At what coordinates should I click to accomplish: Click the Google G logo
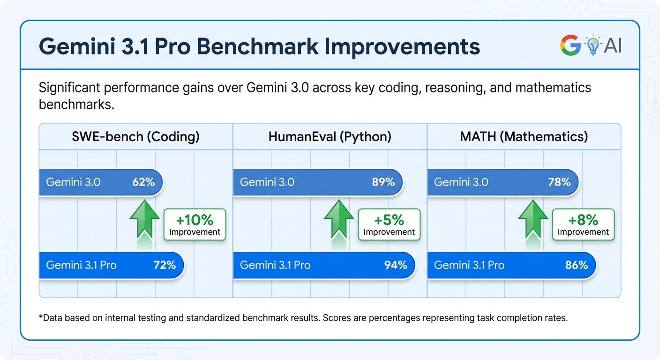tap(570, 45)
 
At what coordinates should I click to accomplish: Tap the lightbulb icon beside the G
tap(592, 45)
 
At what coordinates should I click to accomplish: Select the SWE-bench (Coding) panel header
tap(135, 136)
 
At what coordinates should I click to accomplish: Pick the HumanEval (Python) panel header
tap(330, 136)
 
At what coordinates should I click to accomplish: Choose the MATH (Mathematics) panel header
tap(524, 136)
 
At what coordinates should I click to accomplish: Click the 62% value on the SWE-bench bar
tap(143, 182)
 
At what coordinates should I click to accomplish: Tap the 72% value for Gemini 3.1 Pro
tap(165, 265)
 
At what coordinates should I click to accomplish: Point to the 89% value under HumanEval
tap(383, 182)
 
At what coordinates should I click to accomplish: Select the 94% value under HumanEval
tap(396, 265)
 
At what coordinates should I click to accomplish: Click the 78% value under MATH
tap(559, 182)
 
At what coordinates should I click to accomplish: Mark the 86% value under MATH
tap(576, 265)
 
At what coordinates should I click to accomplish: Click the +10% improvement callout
tap(195, 225)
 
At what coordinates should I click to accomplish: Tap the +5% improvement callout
tap(389, 225)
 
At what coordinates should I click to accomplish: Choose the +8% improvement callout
tap(583, 225)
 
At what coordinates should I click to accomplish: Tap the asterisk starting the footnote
tap(41, 317)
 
